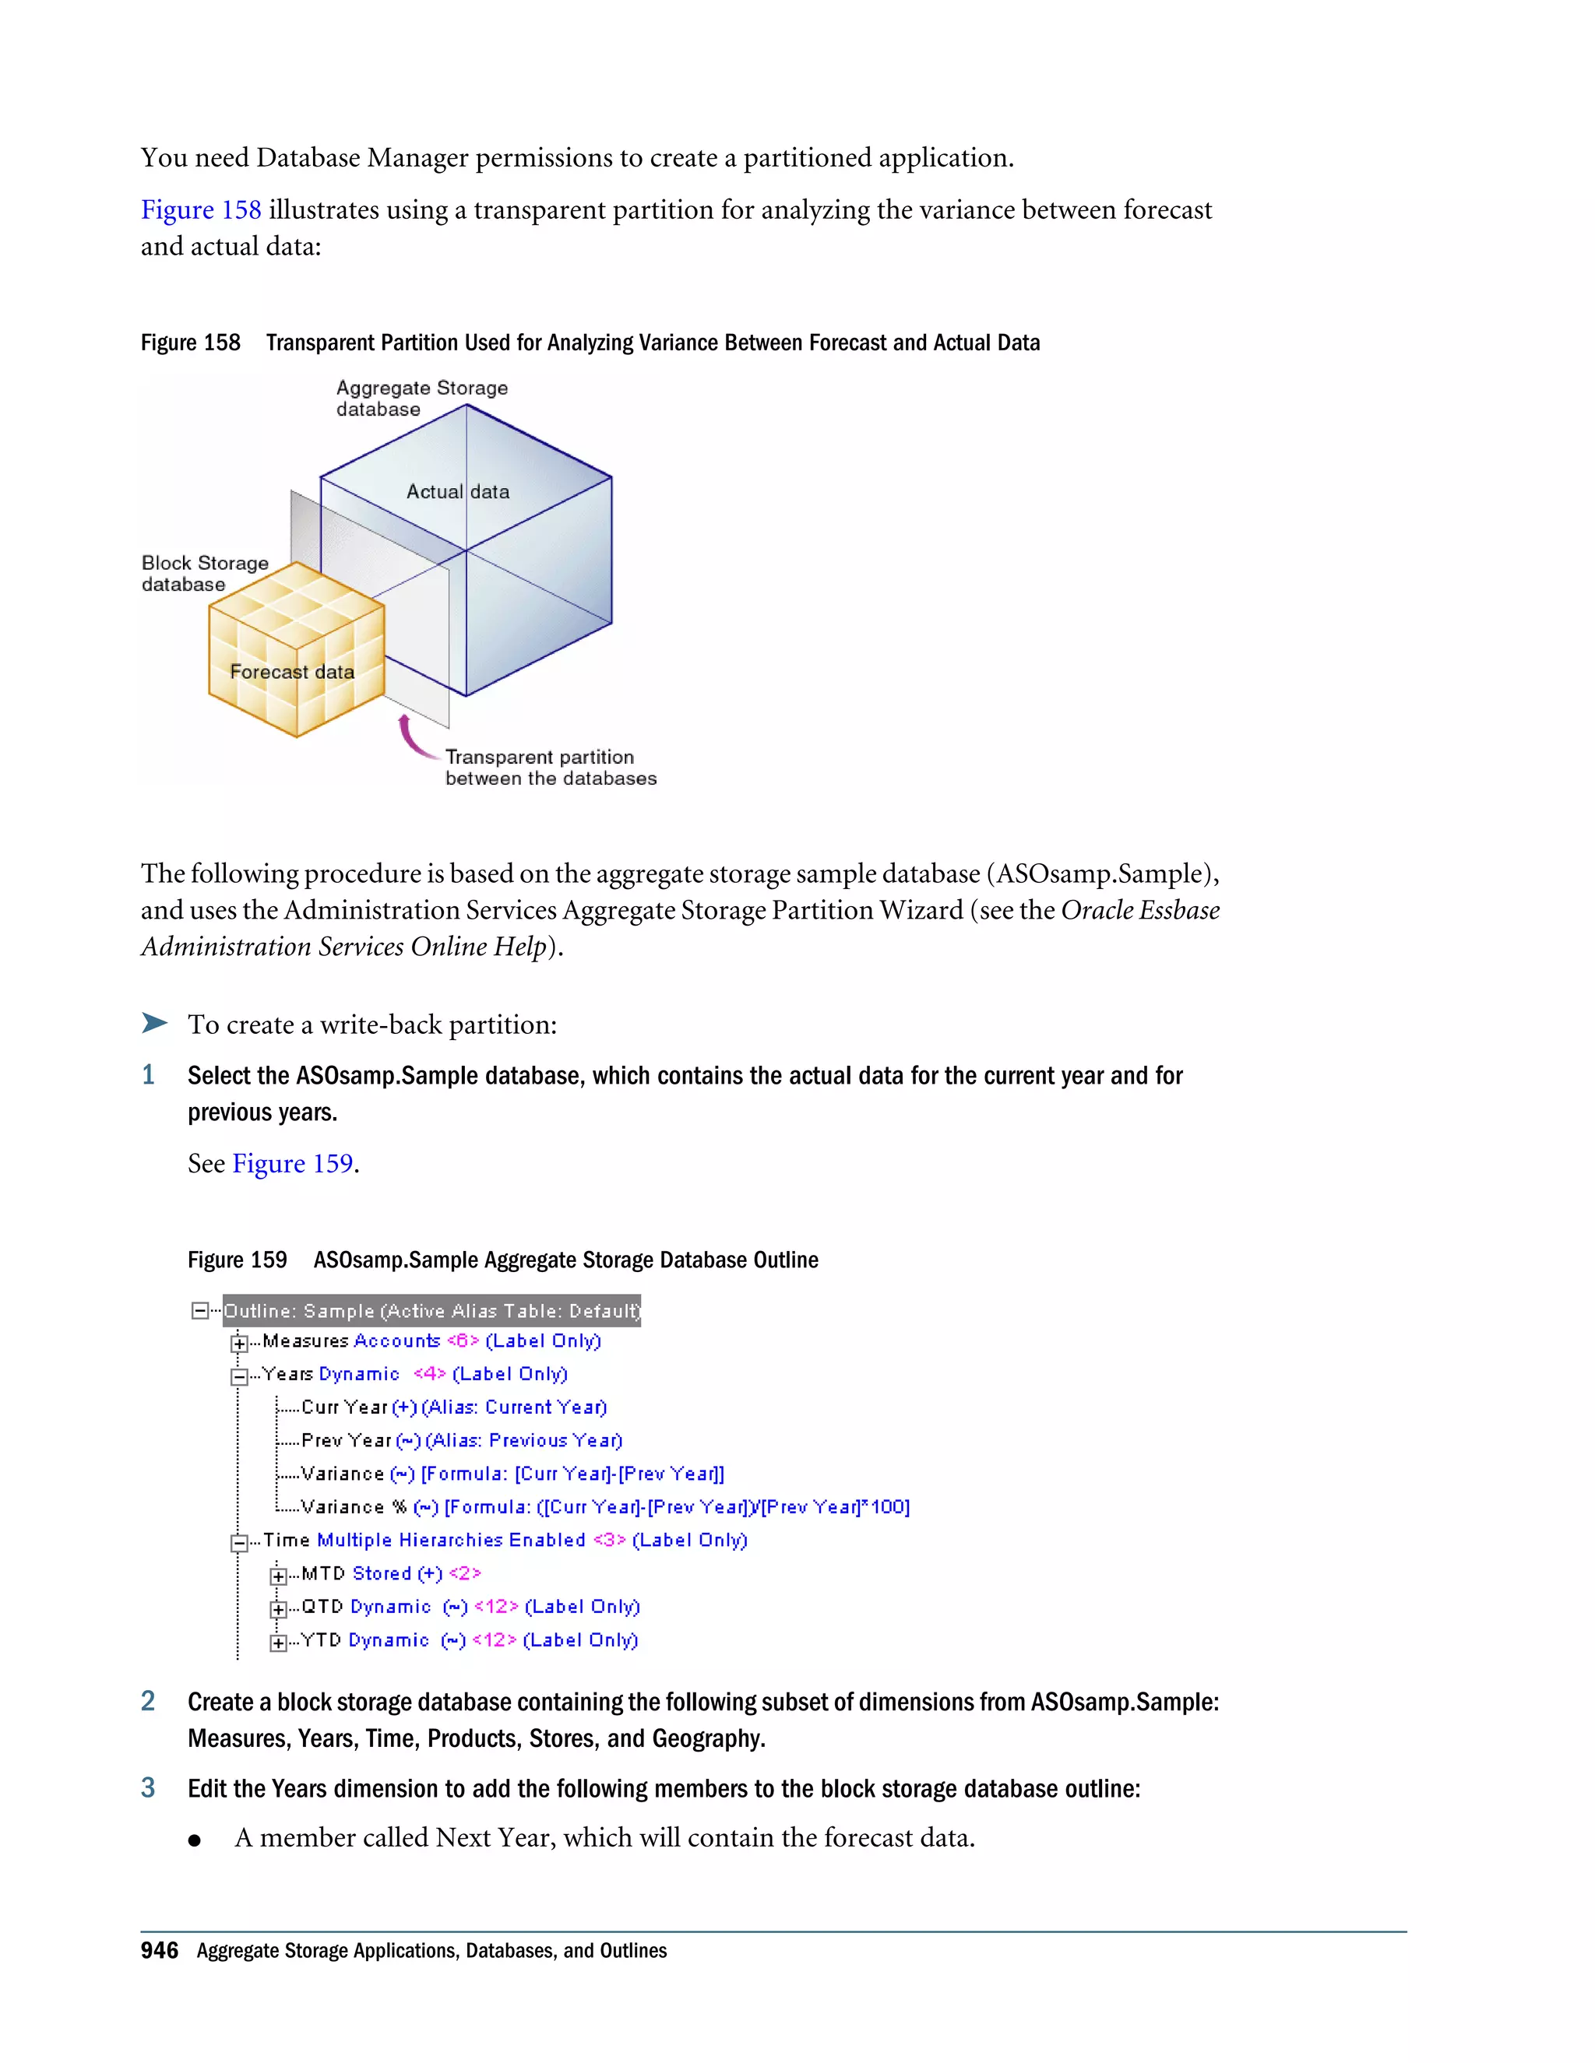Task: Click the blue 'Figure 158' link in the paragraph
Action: point(200,209)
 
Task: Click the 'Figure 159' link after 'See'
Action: point(292,1164)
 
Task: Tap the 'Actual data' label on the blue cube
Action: point(457,492)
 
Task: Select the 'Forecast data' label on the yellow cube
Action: point(292,673)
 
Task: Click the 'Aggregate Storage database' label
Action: point(421,399)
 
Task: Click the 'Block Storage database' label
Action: point(205,574)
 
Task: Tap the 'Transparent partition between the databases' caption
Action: point(550,768)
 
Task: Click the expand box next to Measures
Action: point(240,1343)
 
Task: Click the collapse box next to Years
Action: point(240,1376)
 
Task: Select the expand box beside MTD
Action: point(278,1576)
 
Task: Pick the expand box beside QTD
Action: point(278,1608)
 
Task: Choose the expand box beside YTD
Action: point(278,1643)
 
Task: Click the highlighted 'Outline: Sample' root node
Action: point(431,1311)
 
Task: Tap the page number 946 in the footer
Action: point(159,1952)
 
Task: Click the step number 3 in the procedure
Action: point(148,1788)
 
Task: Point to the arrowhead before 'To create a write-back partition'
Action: point(155,1023)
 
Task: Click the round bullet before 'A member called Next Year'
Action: point(195,1839)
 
